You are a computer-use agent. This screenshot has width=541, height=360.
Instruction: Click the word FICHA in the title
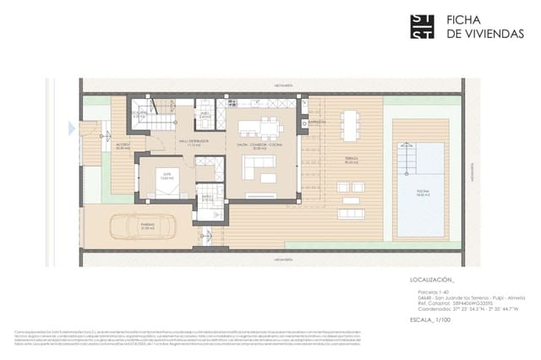click(x=464, y=19)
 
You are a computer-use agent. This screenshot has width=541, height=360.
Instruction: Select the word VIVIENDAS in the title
click(x=479, y=35)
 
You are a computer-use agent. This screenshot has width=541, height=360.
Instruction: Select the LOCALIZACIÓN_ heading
click(x=432, y=278)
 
